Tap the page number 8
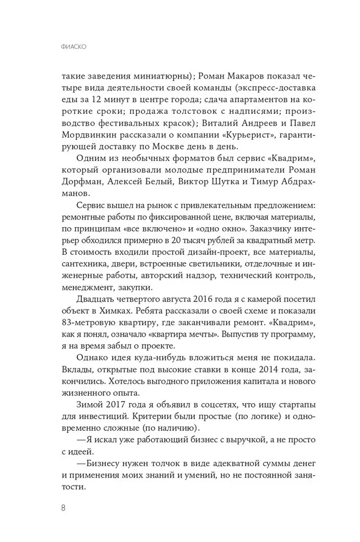pyautogui.click(x=64, y=507)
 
